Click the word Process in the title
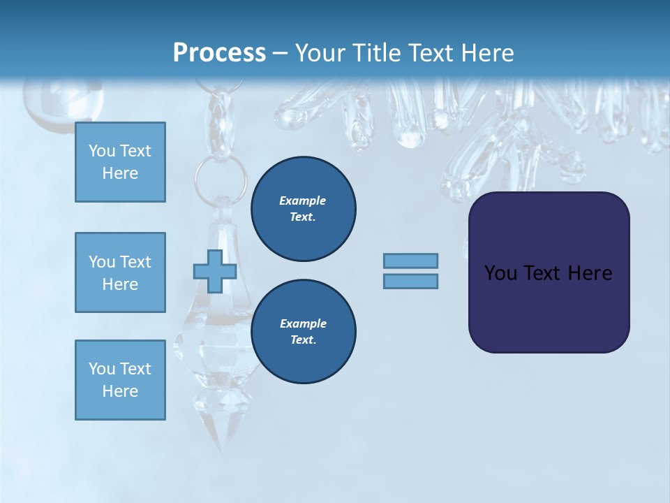tap(219, 52)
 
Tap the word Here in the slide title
tap(486, 52)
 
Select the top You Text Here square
tap(120, 162)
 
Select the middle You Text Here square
tap(120, 272)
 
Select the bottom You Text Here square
tap(120, 380)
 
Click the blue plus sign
tap(215, 272)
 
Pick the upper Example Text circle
tap(303, 209)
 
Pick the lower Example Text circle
tap(303, 332)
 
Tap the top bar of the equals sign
tap(410, 261)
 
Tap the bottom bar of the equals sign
tap(410, 281)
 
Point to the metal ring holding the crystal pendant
tap(221, 176)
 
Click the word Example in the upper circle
tap(302, 201)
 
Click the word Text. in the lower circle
tap(303, 340)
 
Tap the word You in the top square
tap(101, 151)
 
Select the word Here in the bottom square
tap(120, 391)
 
